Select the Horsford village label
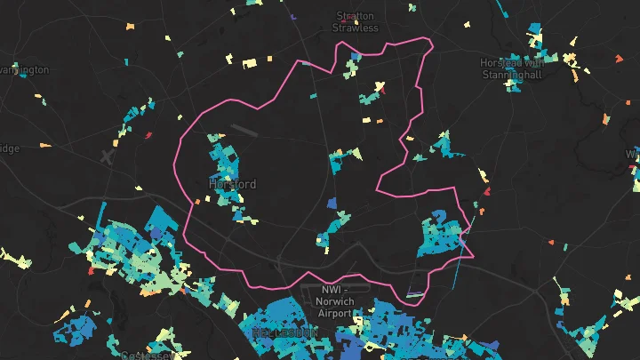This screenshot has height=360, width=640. coord(232,184)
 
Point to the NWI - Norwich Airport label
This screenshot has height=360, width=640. coord(335,301)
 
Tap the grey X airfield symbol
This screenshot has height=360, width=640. coord(108,156)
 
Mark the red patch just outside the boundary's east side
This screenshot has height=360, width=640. coord(486,190)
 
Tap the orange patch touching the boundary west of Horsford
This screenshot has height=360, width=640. coord(196,203)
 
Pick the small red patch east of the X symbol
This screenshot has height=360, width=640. coord(148,136)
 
